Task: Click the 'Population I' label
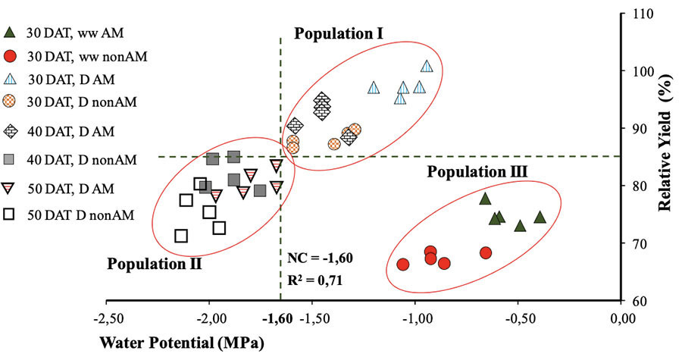pos(339,34)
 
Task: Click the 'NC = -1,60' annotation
pos(318,258)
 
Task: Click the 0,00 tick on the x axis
pos(622,316)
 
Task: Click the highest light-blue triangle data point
pos(427,67)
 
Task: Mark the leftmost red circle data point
pos(403,265)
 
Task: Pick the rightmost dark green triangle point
pos(540,218)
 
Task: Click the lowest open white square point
pos(181,236)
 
